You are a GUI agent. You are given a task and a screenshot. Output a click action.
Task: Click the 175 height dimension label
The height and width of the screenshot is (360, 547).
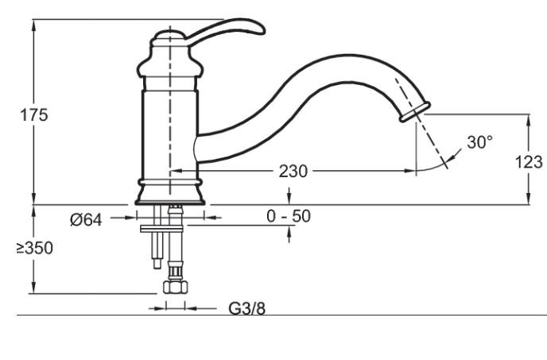[x=34, y=114]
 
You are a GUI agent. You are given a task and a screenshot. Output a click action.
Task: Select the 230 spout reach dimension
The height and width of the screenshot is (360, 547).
[x=293, y=172]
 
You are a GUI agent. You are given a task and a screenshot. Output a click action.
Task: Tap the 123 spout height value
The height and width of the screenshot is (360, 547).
[x=529, y=162]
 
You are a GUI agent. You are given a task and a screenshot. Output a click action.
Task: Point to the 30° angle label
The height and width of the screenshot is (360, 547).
[x=479, y=142]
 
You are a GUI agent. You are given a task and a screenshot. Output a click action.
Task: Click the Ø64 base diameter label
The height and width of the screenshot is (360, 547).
[x=86, y=220]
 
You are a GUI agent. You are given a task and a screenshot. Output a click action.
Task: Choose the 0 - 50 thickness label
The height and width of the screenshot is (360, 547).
[x=289, y=216]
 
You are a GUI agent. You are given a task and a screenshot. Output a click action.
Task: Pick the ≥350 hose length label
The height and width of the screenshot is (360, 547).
[x=35, y=248]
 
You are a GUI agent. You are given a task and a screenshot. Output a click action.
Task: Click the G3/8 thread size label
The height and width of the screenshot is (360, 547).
[x=246, y=308]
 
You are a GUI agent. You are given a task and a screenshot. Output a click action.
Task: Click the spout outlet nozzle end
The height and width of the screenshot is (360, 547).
[x=415, y=111]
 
